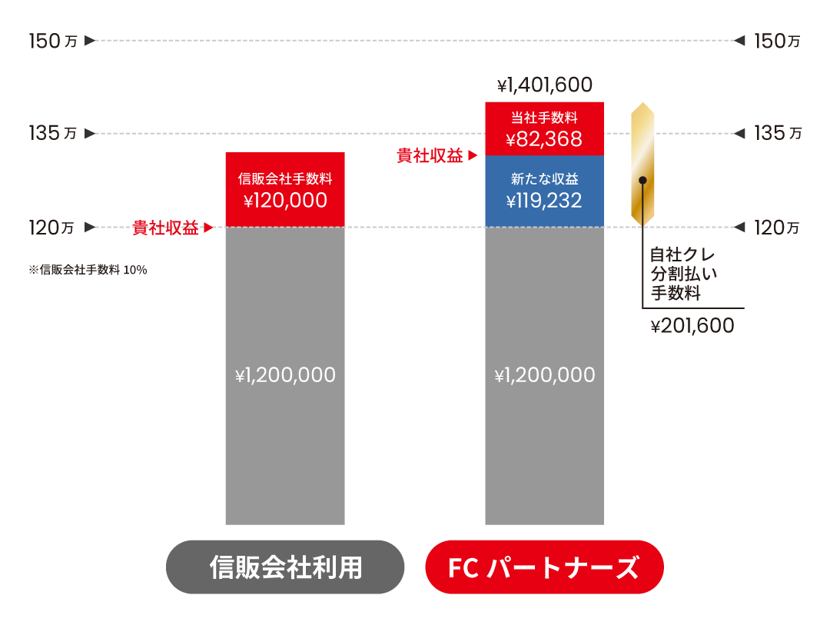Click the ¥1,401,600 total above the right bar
tap(545, 85)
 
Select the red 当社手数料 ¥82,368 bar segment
tap(545, 128)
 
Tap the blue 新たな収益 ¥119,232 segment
tap(545, 191)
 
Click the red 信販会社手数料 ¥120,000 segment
tap(285, 190)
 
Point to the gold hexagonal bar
tap(642, 165)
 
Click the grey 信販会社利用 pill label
tap(285, 567)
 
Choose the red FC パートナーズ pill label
tap(545, 567)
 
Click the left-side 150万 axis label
tap(53, 41)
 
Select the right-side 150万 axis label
tap(777, 41)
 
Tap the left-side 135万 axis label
tap(53, 133)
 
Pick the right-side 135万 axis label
tap(778, 133)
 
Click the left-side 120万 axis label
tap(51, 228)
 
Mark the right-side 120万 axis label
tap(776, 228)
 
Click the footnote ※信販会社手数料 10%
tap(88, 270)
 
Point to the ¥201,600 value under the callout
tap(692, 326)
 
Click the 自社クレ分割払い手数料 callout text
tap(683, 274)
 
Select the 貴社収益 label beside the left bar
tap(165, 228)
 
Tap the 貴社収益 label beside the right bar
tap(430, 156)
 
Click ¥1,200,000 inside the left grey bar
tap(285, 375)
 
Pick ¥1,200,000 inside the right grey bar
tap(545, 375)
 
